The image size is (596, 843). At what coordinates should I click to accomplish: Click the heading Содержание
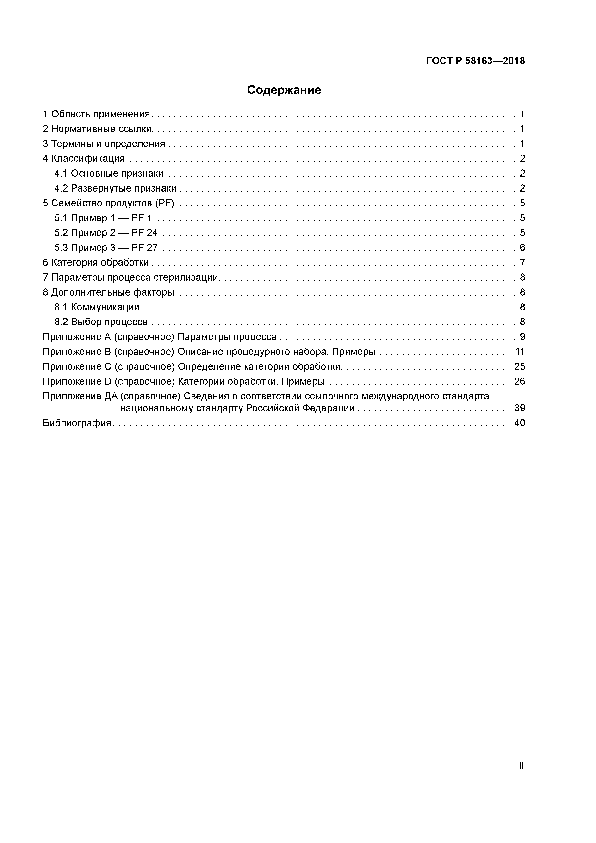[x=284, y=90]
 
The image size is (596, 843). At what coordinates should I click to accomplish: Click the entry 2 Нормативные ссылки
[x=98, y=129]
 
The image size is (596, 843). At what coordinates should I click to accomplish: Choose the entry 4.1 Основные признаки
[x=109, y=173]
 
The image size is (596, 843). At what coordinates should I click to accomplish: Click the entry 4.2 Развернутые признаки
[x=115, y=188]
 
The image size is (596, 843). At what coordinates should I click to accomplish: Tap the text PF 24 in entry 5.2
[x=144, y=233]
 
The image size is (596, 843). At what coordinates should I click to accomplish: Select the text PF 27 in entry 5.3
[x=144, y=248]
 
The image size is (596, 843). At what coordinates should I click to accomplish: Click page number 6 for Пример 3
[x=522, y=248]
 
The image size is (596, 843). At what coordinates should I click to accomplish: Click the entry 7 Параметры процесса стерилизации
[x=131, y=278]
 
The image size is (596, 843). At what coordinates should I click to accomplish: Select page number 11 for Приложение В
[x=520, y=352]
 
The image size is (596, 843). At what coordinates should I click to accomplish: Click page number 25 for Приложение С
[x=519, y=366]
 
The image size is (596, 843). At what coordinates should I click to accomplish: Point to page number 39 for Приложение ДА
[x=519, y=408]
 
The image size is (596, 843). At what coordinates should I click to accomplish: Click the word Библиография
[x=77, y=423]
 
